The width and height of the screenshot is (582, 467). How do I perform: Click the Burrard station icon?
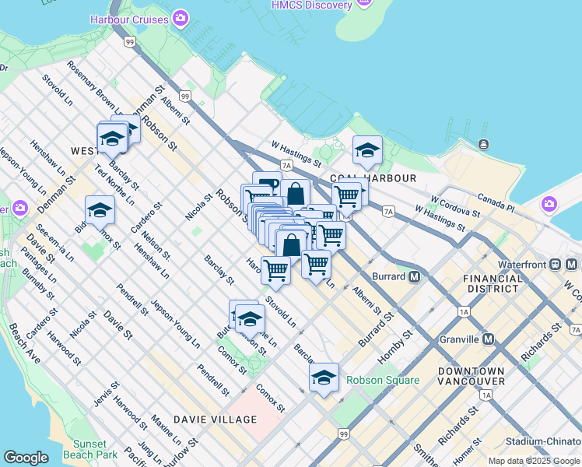415,276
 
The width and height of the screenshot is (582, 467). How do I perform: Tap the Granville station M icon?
488,339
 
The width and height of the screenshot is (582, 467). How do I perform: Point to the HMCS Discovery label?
311,5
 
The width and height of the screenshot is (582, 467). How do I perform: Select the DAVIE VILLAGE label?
215,420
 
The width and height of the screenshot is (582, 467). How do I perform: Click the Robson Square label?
383,381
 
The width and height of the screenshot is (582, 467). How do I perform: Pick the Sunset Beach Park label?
89,449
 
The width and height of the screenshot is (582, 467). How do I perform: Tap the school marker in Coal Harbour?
367,150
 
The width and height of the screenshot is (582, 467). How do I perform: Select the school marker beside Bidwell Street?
100,210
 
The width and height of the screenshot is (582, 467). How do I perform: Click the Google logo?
26,458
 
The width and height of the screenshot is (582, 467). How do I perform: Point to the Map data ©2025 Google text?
534,461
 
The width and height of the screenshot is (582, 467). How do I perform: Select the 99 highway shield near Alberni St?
184,97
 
